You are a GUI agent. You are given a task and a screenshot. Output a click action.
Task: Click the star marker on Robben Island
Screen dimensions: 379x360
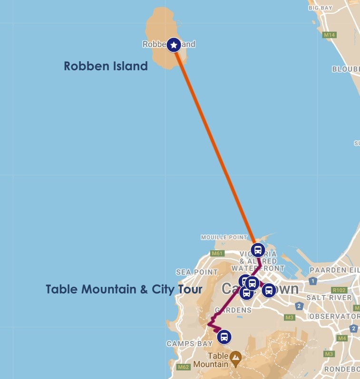[174, 45]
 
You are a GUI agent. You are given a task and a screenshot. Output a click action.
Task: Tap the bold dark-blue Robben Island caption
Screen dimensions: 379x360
[106, 66]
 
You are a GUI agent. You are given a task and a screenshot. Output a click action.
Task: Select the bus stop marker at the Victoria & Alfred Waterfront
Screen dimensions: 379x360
[258, 250]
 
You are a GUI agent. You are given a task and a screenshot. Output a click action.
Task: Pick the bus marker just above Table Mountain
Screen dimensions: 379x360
[224, 337]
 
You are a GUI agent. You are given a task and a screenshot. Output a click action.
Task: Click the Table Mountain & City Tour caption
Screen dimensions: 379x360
[124, 289]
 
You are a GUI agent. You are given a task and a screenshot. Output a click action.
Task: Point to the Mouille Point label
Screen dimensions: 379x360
[224, 237]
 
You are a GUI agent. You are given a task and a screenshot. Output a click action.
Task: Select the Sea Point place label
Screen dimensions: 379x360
[196, 272]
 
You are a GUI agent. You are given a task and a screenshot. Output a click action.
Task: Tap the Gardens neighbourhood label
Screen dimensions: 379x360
[233, 310]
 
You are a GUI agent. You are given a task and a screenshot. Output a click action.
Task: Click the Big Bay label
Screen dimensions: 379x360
[320, 8]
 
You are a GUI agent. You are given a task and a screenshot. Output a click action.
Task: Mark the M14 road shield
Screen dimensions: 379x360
[329, 35]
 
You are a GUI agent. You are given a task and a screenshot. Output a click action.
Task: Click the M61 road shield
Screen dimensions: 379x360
[217, 254]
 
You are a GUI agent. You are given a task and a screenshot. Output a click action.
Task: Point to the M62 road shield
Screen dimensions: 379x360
[183, 367]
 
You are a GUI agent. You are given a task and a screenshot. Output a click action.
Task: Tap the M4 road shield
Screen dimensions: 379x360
[341, 338]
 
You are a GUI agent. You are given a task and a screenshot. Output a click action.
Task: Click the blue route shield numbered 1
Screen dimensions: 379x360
[312, 281]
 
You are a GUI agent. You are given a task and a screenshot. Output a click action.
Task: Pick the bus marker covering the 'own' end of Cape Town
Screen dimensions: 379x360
[268, 290]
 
